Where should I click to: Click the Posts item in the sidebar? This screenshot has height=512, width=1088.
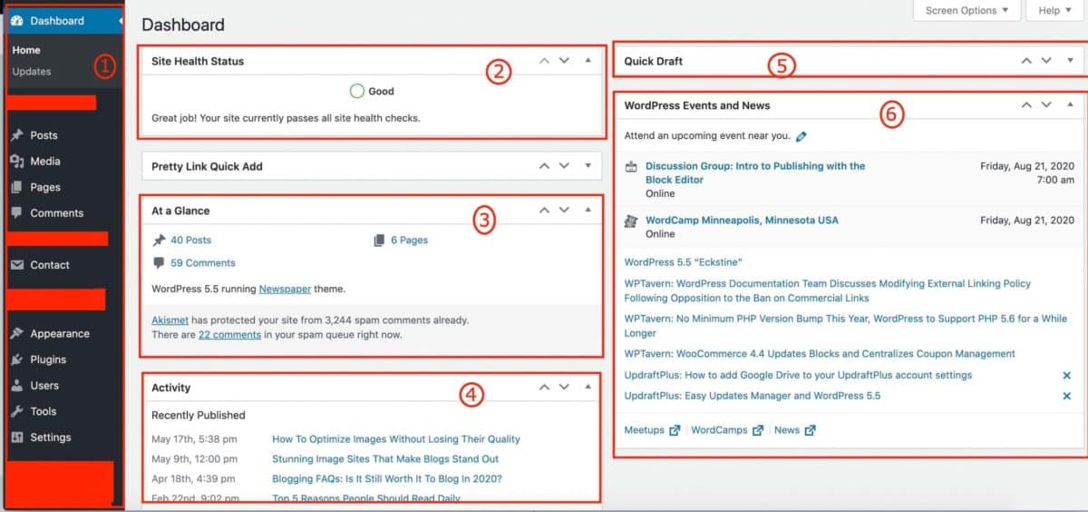coord(43,135)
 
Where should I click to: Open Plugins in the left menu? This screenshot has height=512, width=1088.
coord(47,359)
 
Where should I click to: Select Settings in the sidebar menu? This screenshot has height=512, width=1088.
coord(50,438)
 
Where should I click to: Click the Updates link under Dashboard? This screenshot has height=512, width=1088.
coord(32,72)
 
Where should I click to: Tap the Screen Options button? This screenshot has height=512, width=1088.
coord(967,11)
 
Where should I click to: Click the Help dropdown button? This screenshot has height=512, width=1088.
coord(1054,11)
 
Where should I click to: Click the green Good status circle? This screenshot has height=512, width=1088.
coord(356,91)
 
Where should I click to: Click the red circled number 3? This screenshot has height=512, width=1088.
coord(485,219)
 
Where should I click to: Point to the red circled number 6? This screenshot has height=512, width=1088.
coord(892,114)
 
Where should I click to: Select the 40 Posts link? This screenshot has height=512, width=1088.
coord(190,241)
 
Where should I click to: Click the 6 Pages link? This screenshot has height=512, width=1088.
coord(409,241)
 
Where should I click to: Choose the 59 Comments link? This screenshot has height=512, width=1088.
coord(202,263)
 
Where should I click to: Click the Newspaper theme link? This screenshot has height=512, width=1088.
coord(285,290)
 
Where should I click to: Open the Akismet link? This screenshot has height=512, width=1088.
coord(170,320)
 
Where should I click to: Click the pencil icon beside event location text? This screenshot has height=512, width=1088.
coord(801,136)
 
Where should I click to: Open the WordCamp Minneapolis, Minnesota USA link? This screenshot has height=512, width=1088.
coord(742,220)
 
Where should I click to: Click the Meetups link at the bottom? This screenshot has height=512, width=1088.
coord(645,430)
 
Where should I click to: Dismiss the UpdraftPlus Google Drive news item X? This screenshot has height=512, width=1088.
coord(1066,375)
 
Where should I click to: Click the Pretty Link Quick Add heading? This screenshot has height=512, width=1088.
coord(207,166)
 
